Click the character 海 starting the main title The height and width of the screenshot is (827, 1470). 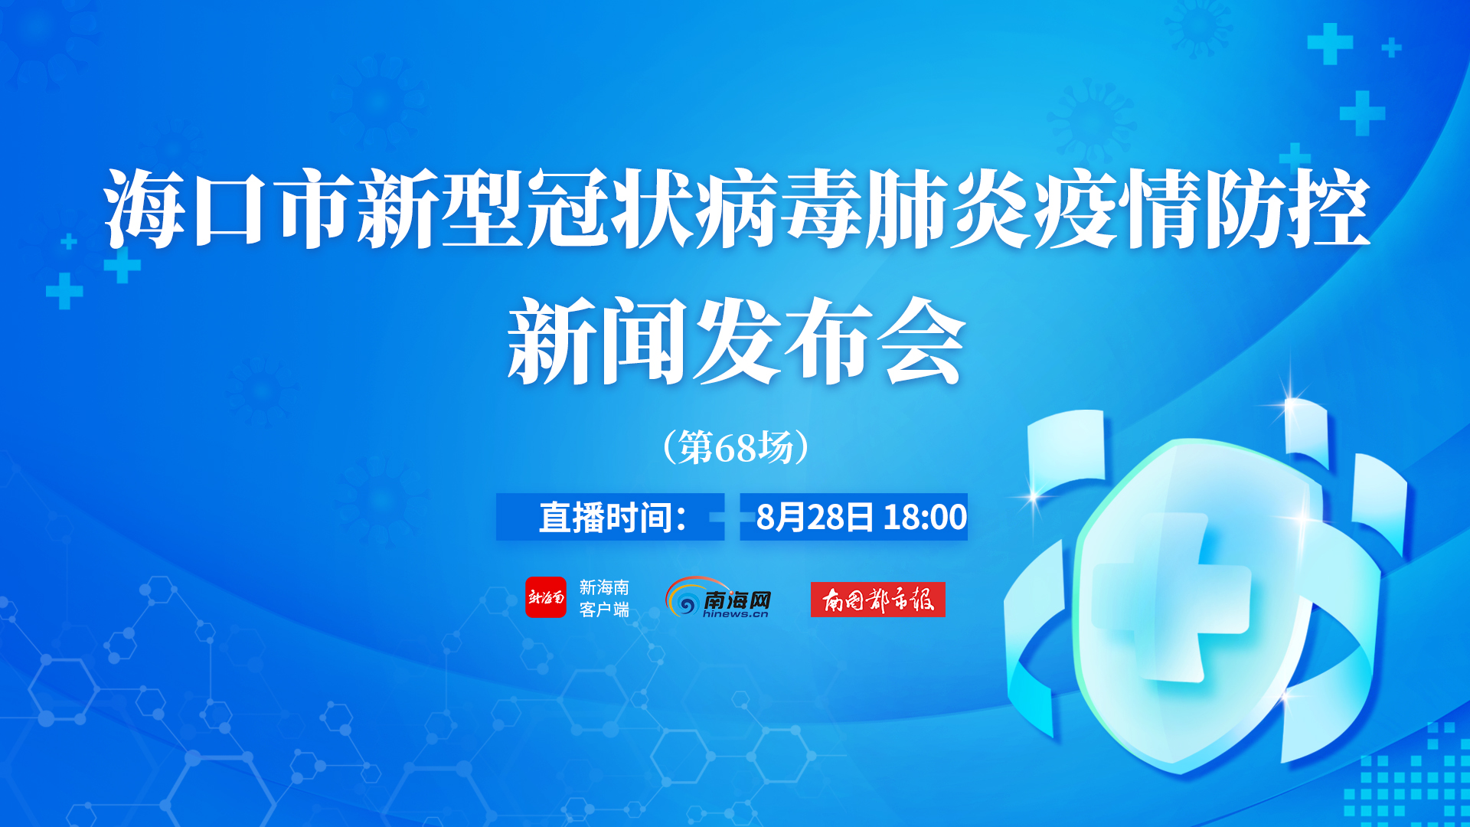click(x=143, y=208)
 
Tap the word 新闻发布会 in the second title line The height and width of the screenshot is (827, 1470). click(x=736, y=341)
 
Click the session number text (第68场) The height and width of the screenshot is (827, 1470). click(x=736, y=447)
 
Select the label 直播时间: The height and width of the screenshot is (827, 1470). click(x=612, y=518)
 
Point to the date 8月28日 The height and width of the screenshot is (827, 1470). click(x=815, y=517)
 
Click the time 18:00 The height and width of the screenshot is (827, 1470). click(x=925, y=517)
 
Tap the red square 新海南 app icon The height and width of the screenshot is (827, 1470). click(x=546, y=597)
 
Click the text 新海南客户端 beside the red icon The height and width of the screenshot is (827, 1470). click(x=604, y=598)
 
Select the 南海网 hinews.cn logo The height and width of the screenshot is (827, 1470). click(x=718, y=597)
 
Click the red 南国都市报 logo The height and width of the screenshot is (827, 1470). click(x=878, y=599)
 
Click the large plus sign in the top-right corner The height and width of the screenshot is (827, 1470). click(x=1330, y=44)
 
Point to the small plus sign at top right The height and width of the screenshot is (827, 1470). click(x=1391, y=48)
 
